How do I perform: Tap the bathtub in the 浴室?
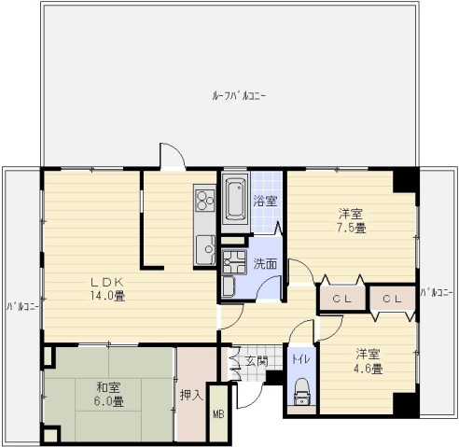click(x=235, y=198)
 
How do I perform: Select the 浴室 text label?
click(x=265, y=201)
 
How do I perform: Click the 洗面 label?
click(x=265, y=264)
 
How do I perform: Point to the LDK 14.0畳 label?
click(x=107, y=288)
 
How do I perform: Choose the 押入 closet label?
click(x=191, y=396)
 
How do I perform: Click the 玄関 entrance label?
click(x=256, y=360)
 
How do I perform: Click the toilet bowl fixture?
click(x=300, y=390)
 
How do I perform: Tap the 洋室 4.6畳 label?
click(x=368, y=360)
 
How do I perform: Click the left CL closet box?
click(x=341, y=299)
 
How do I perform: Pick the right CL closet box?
click(x=392, y=299)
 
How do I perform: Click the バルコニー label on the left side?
click(x=21, y=306)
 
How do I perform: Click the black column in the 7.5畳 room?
click(x=404, y=179)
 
